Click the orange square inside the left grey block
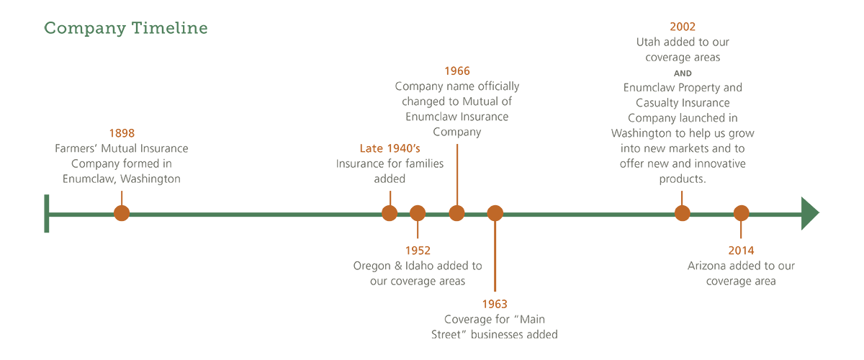tap(122, 104)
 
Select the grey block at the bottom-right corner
tap(731, 302)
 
